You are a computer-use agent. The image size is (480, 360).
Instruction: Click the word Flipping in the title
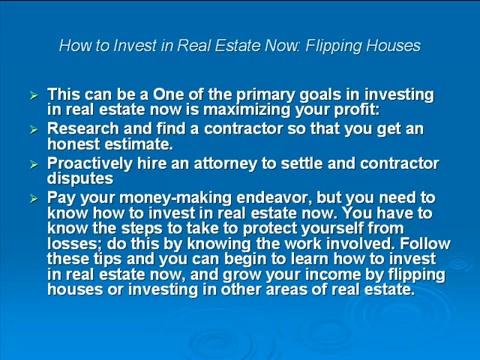pyautogui.click(x=334, y=45)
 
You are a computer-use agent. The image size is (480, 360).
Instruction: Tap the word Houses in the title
pyautogui.click(x=393, y=45)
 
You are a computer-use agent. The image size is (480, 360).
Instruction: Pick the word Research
pyautogui.click(x=86, y=129)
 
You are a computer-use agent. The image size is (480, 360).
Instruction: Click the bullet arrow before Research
pyautogui.click(x=33, y=130)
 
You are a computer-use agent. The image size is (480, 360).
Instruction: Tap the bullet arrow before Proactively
pyautogui.click(x=33, y=164)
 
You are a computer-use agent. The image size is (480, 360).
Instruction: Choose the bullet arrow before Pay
pyautogui.click(x=33, y=199)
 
